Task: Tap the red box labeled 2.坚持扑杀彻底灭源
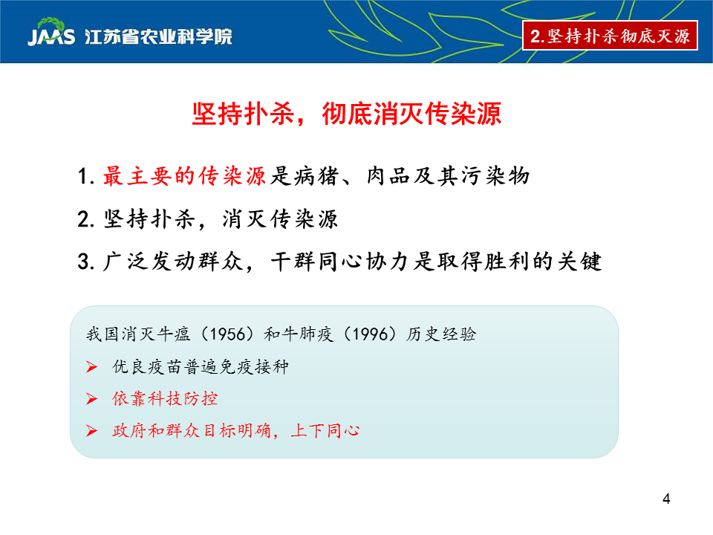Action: [x=611, y=36]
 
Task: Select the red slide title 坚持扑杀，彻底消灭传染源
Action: [x=347, y=114]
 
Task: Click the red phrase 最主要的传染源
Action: [x=184, y=176]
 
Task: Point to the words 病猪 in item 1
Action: [x=316, y=176]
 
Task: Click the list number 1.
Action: [x=86, y=177]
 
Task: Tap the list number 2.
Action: [x=86, y=219]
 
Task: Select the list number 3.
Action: [x=86, y=262]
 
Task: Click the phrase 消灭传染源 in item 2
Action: [x=280, y=218]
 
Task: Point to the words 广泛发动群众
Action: [x=173, y=262]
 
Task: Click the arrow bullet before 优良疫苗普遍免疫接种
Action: [x=91, y=366]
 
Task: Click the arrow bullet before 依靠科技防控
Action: [x=91, y=399]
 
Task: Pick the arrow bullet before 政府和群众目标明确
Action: [x=91, y=431]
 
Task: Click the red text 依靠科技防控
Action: [x=165, y=398]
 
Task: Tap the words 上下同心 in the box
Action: [x=325, y=430]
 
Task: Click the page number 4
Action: [x=666, y=499]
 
